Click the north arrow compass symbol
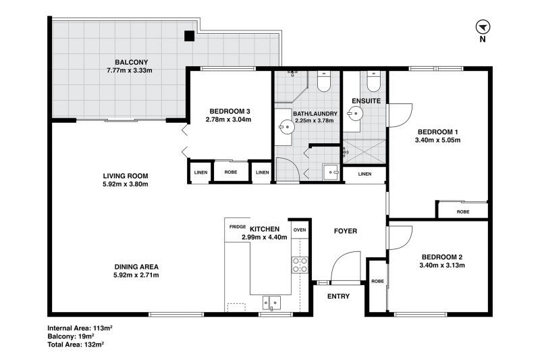pos(483,27)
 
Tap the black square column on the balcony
pos(189,36)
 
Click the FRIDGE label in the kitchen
pos(238,227)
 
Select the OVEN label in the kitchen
pos(300,230)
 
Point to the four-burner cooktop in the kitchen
pos(300,265)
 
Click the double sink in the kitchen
pos(272,303)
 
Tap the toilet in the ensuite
pos(373,82)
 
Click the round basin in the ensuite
pos(355,113)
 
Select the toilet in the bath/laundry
pos(324,82)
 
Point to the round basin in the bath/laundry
pos(286,127)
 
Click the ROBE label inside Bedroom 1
pos(463,212)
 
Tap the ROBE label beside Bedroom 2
pos(377,282)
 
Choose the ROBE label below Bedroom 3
pos(231,172)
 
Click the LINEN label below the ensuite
pos(364,174)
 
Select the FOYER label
pos(346,231)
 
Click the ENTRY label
pos(338,297)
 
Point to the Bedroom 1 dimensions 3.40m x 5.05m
pos(437,140)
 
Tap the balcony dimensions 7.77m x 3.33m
pos(130,71)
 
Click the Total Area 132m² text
pos(76,344)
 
